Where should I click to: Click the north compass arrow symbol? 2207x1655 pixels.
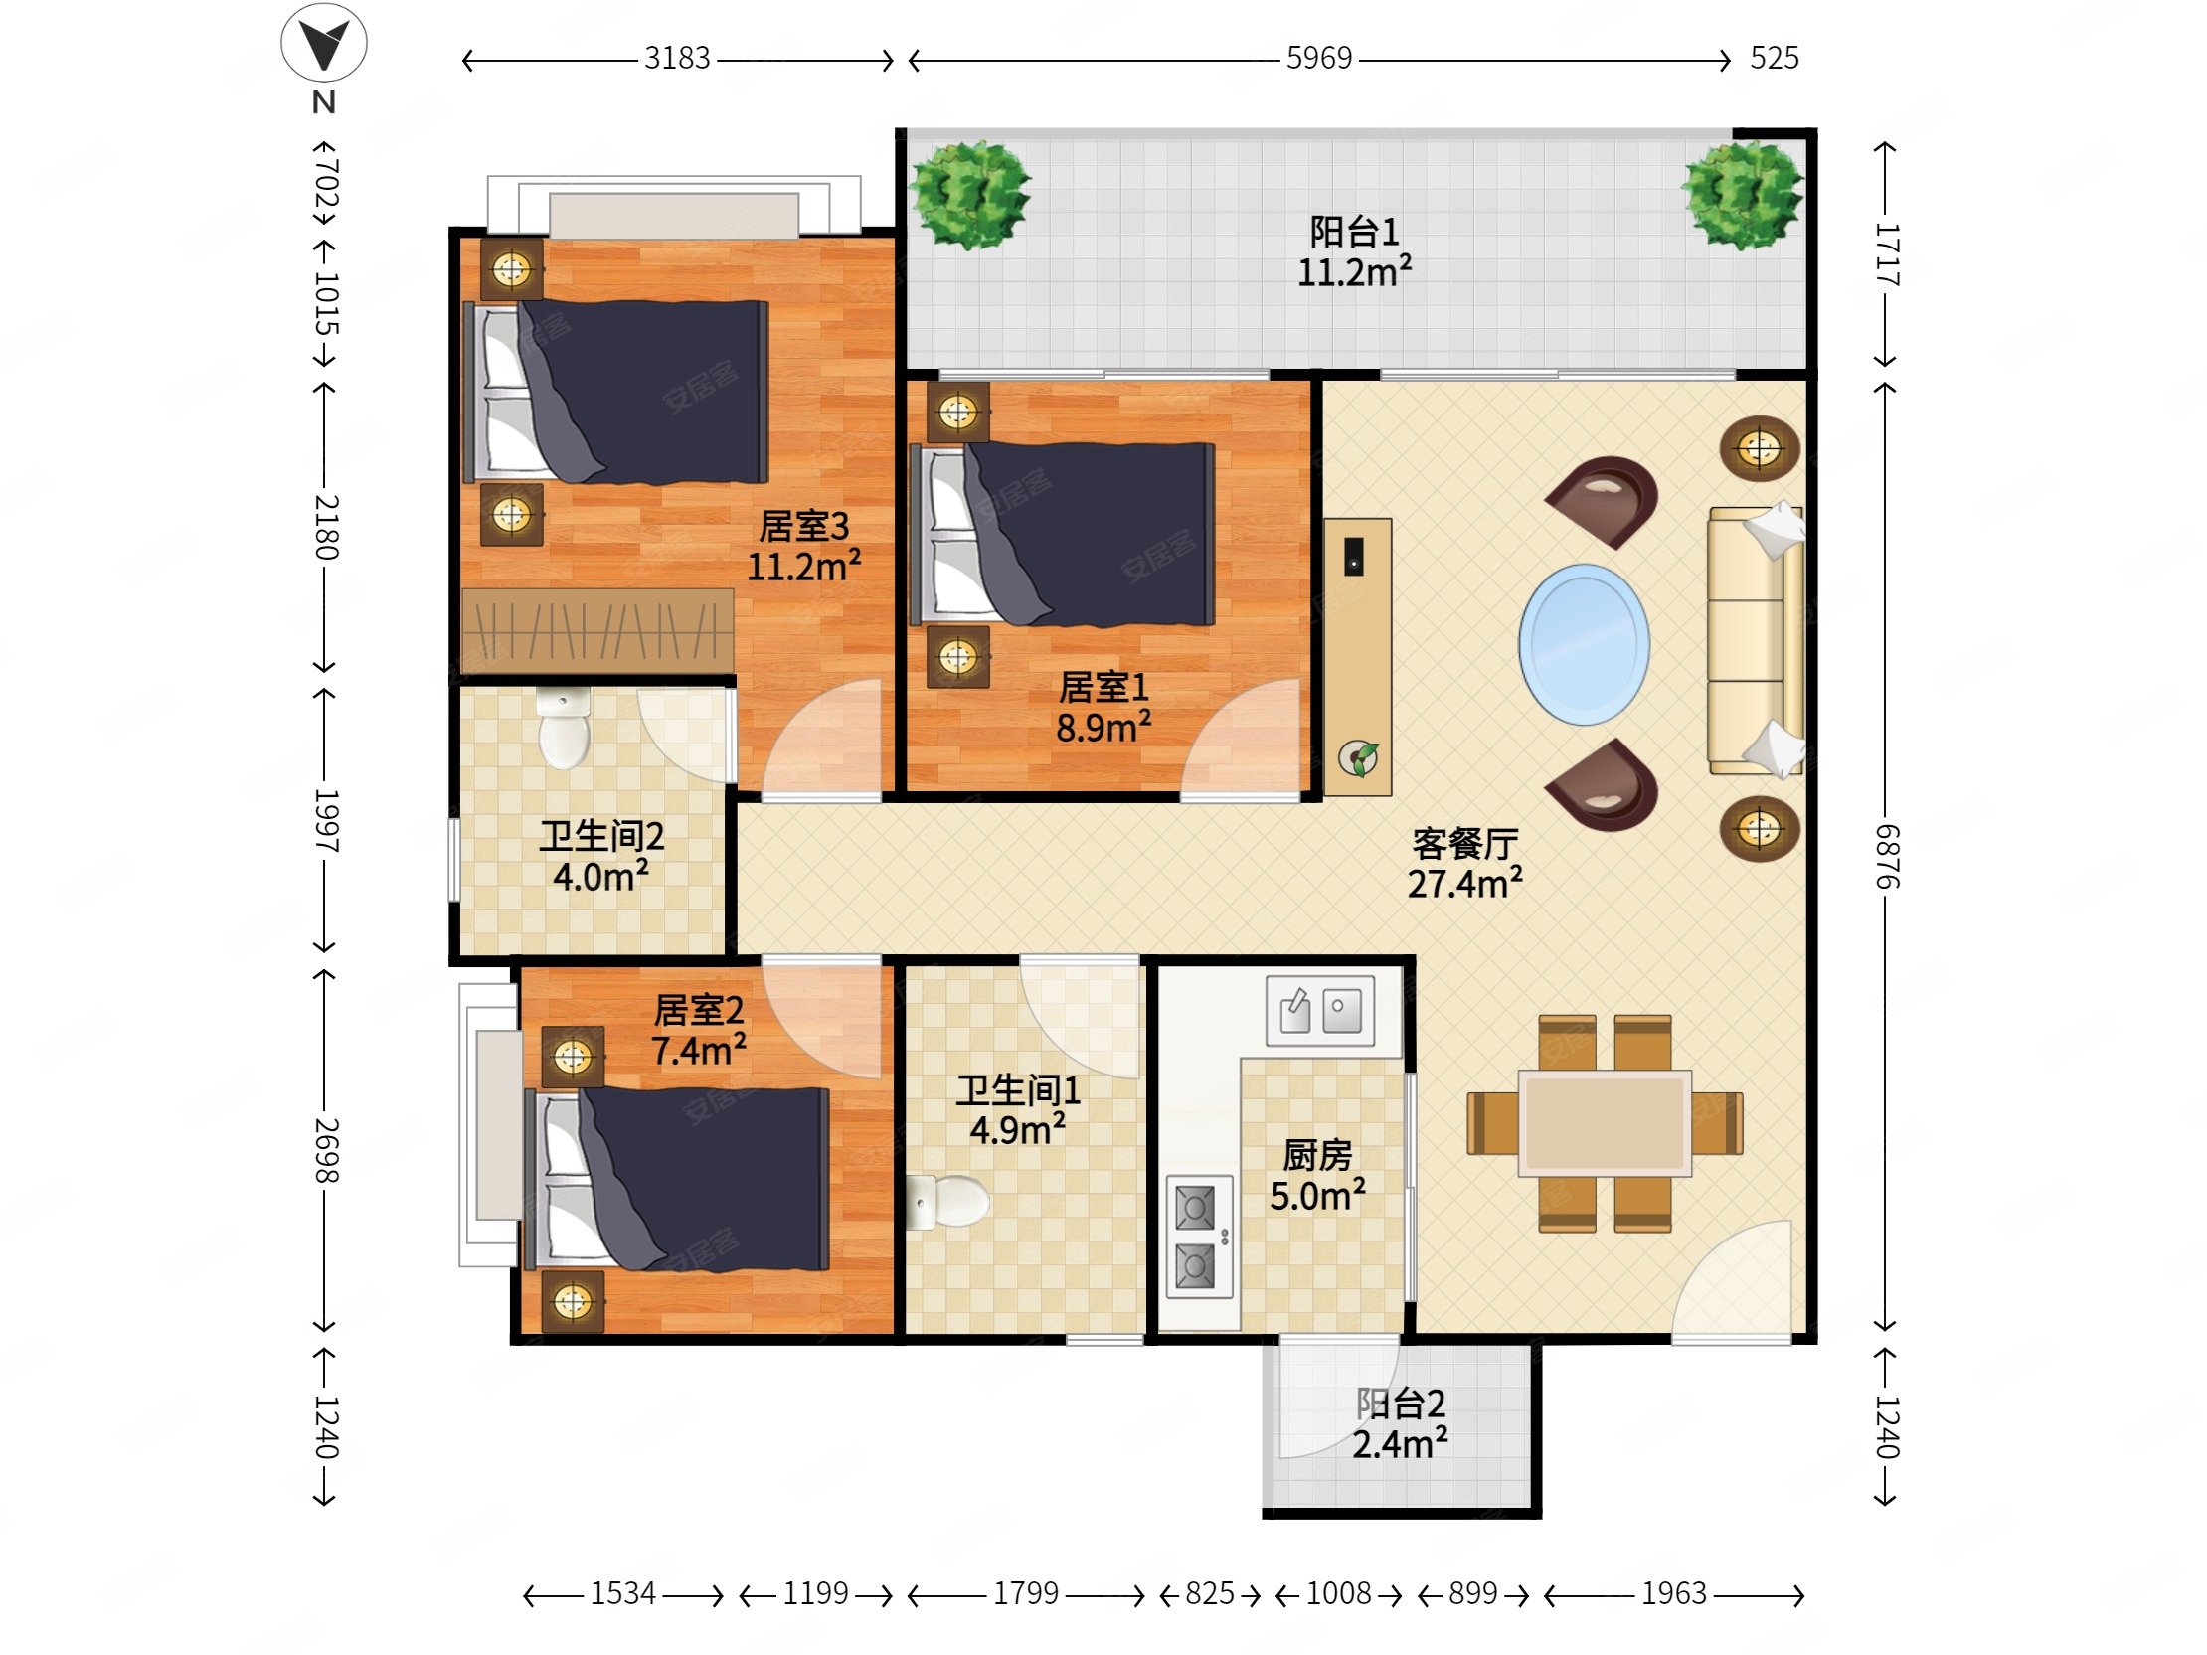pyautogui.click(x=324, y=43)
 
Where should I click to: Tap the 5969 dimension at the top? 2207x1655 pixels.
pyautogui.click(x=1318, y=58)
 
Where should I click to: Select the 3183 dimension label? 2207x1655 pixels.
pyautogui.click(x=676, y=58)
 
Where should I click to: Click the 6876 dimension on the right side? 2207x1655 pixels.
pyautogui.click(x=1887, y=856)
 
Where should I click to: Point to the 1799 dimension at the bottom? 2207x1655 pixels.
pyautogui.click(x=1025, y=1593)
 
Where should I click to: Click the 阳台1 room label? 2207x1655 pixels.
pyautogui.click(x=1354, y=232)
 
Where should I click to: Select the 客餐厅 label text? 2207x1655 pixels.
pyautogui.click(x=1464, y=844)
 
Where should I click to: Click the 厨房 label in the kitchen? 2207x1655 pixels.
pyautogui.click(x=1317, y=1155)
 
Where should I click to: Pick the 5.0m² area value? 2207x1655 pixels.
pyautogui.click(x=1317, y=1195)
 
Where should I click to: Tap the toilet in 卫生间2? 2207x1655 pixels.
pyautogui.click(x=564, y=728)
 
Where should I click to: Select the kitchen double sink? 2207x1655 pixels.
pyautogui.click(x=1319, y=1011)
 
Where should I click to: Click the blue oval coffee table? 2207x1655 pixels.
pyautogui.click(x=1584, y=644)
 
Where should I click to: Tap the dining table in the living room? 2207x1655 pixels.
pyautogui.click(x=1605, y=1123)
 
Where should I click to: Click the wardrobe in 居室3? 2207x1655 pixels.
pyautogui.click(x=597, y=630)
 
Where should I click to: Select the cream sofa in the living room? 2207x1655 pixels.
pyautogui.click(x=1756, y=640)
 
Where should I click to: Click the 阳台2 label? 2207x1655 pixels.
pyautogui.click(x=1400, y=1404)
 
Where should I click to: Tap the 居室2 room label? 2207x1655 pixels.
pyautogui.click(x=699, y=1011)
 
